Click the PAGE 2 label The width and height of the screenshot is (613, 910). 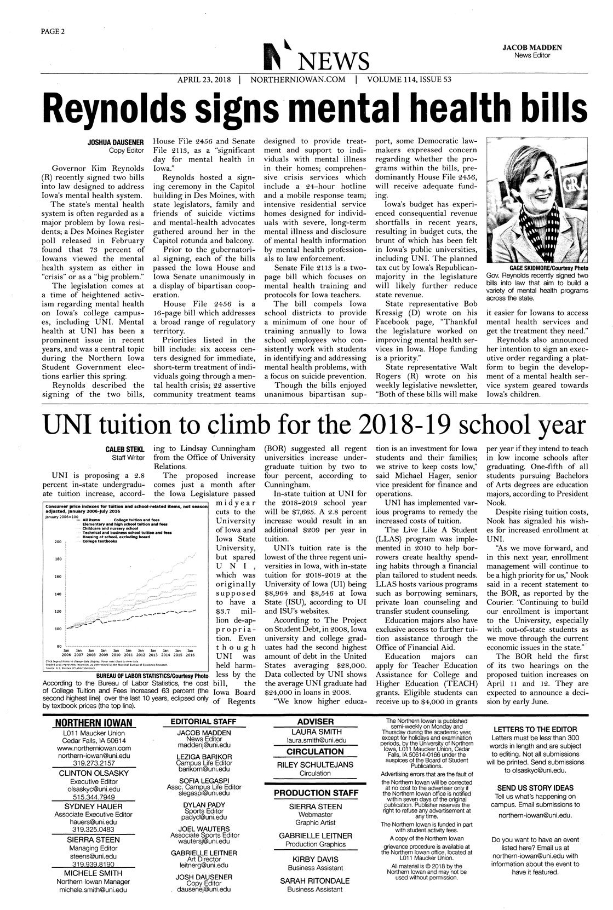coord(53,31)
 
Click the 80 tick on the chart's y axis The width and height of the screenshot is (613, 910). coord(58,647)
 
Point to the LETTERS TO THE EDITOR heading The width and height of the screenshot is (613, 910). coord(535,729)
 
